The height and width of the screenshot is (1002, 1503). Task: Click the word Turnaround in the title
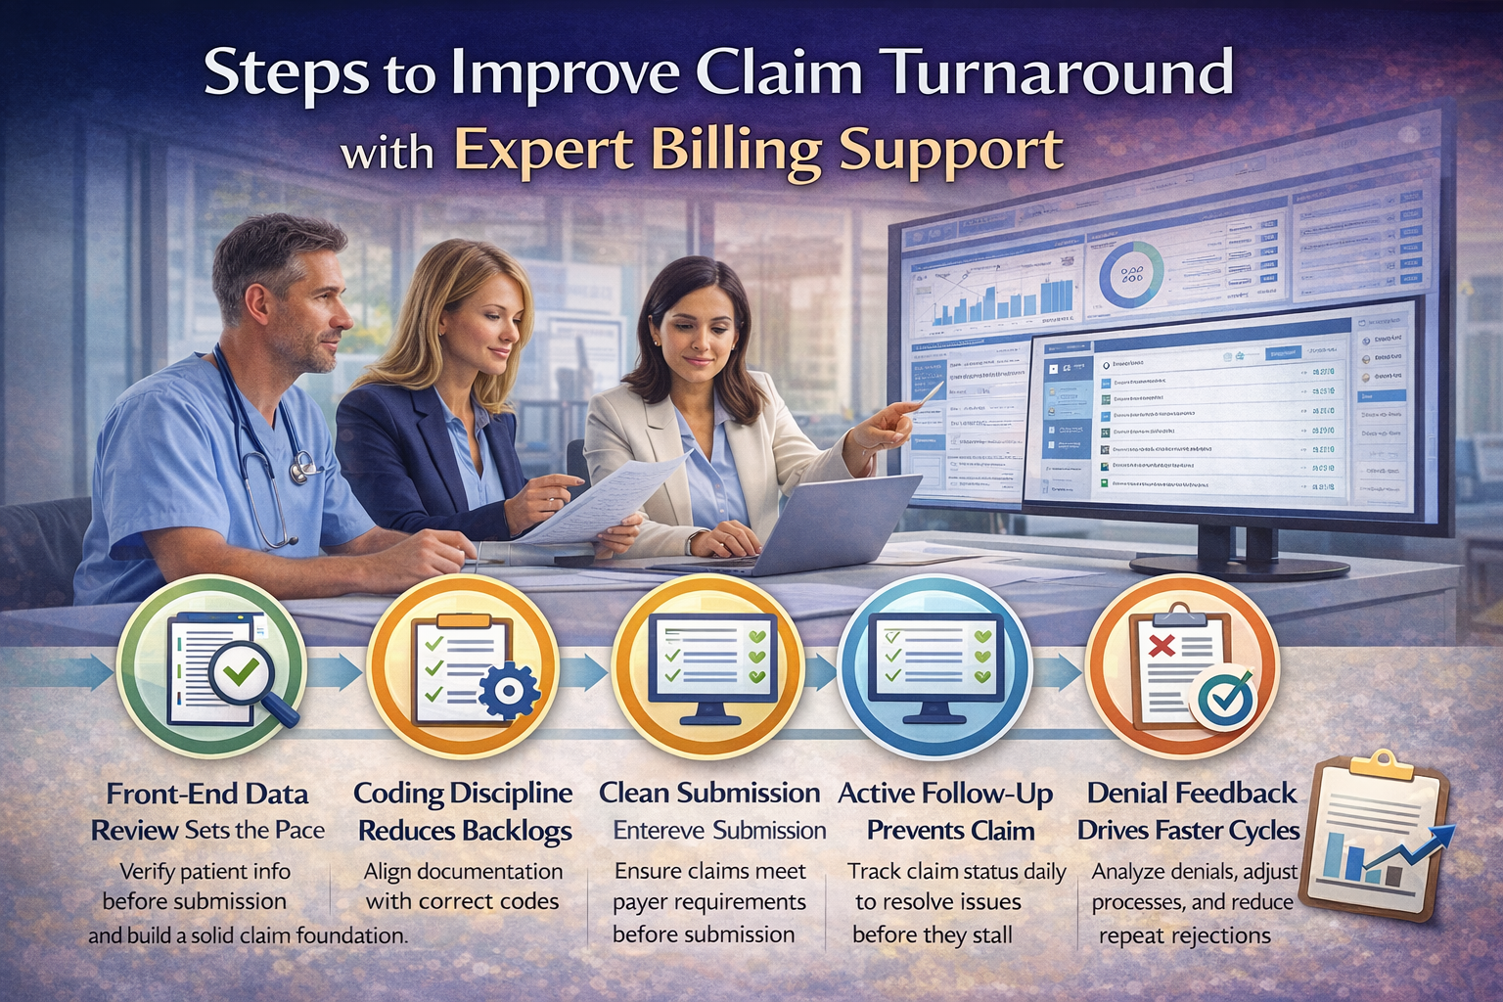(x=1055, y=74)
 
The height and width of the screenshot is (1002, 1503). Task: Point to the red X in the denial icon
(x=1161, y=646)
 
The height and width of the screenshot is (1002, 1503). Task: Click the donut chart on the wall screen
(x=1131, y=274)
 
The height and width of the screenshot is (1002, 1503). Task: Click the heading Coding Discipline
(x=463, y=794)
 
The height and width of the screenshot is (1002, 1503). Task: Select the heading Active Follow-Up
(x=945, y=794)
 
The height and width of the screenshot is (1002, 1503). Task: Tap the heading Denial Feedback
(x=1191, y=794)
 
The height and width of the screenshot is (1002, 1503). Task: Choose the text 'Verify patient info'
(x=205, y=871)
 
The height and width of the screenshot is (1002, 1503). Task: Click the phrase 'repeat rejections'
(x=1184, y=935)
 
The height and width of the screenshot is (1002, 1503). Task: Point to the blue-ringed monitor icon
(x=934, y=665)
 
